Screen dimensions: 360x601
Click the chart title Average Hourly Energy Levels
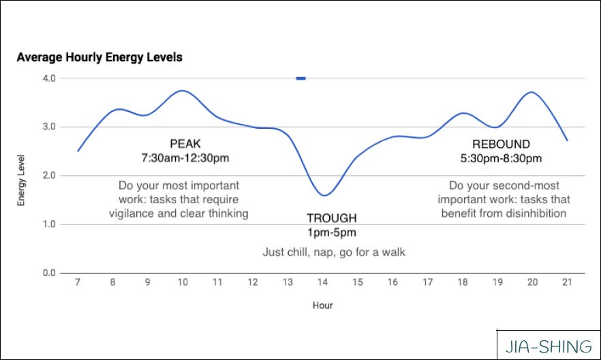(x=99, y=57)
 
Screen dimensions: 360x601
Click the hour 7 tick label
(x=78, y=282)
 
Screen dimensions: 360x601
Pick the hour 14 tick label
(x=322, y=282)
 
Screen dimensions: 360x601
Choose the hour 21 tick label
(x=567, y=282)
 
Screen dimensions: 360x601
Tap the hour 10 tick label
(x=183, y=282)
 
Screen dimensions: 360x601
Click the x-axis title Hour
(x=322, y=305)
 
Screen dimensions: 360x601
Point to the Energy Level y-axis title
(x=22, y=176)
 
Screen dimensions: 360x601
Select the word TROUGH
(x=331, y=218)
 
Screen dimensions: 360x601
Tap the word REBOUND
(x=501, y=144)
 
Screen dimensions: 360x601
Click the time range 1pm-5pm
(x=331, y=232)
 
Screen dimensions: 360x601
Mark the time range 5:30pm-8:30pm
(x=501, y=158)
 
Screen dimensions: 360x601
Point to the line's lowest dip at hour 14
(x=324, y=195)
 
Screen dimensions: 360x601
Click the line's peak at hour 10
(x=181, y=91)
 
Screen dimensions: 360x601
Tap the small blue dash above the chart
(x=300, y=78)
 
